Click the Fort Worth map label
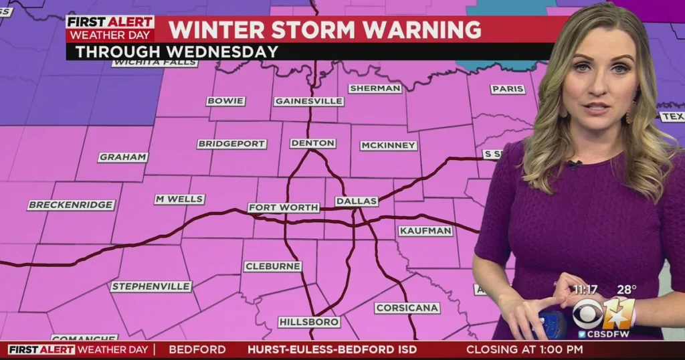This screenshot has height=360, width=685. click(284, 207)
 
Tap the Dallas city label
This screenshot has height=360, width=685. click(357, 201)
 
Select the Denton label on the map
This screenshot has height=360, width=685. click(312, 143)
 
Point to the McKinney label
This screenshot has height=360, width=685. click(388, 145)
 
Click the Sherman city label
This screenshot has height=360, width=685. click(375, 88)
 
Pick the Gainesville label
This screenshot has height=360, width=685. click(308, 101)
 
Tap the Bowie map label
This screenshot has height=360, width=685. click(225, 101)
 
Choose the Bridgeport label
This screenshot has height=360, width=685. click(231, 144)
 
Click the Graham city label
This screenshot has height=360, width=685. click(123, 157)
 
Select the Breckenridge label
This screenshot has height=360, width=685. click(71, 205)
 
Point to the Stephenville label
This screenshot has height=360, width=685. click(151, 286)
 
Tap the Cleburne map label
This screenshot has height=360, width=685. click(272, 266)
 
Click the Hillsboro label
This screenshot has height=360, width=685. click(308, 322)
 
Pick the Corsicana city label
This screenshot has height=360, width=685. click(407, 308)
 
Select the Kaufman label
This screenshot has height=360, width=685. click(425, 231)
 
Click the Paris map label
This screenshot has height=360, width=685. click(508, 89)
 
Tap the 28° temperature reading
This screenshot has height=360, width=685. click(626, 290)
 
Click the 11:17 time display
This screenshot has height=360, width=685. click(585, 290)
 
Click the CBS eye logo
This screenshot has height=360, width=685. click(587, 312)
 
